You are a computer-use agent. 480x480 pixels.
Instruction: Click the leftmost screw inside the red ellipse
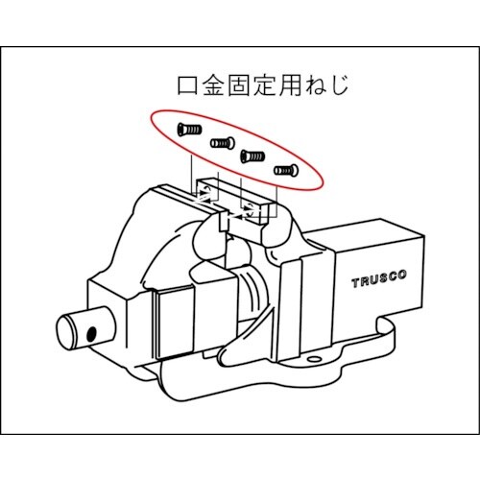[x=187, y=130]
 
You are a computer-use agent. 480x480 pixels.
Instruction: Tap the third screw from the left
[x=252, y=155]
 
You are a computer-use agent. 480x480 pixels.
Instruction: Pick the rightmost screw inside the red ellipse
[x=286, y=171]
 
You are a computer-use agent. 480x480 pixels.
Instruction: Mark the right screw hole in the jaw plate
[x=256, y=207]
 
